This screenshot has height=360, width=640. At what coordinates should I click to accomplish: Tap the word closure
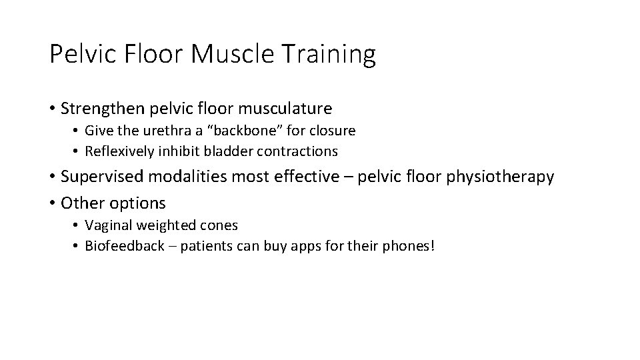[x=333, y=131]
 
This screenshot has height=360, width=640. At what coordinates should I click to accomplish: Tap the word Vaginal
[x=107, y=225]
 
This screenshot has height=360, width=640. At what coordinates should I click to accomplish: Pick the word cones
[x=219, y=225]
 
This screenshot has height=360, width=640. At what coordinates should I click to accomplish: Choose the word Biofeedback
[x=124, y=246]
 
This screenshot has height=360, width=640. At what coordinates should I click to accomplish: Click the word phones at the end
[x=409, y=246]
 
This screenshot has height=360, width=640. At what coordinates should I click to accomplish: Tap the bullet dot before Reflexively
[x=77, y=152]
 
